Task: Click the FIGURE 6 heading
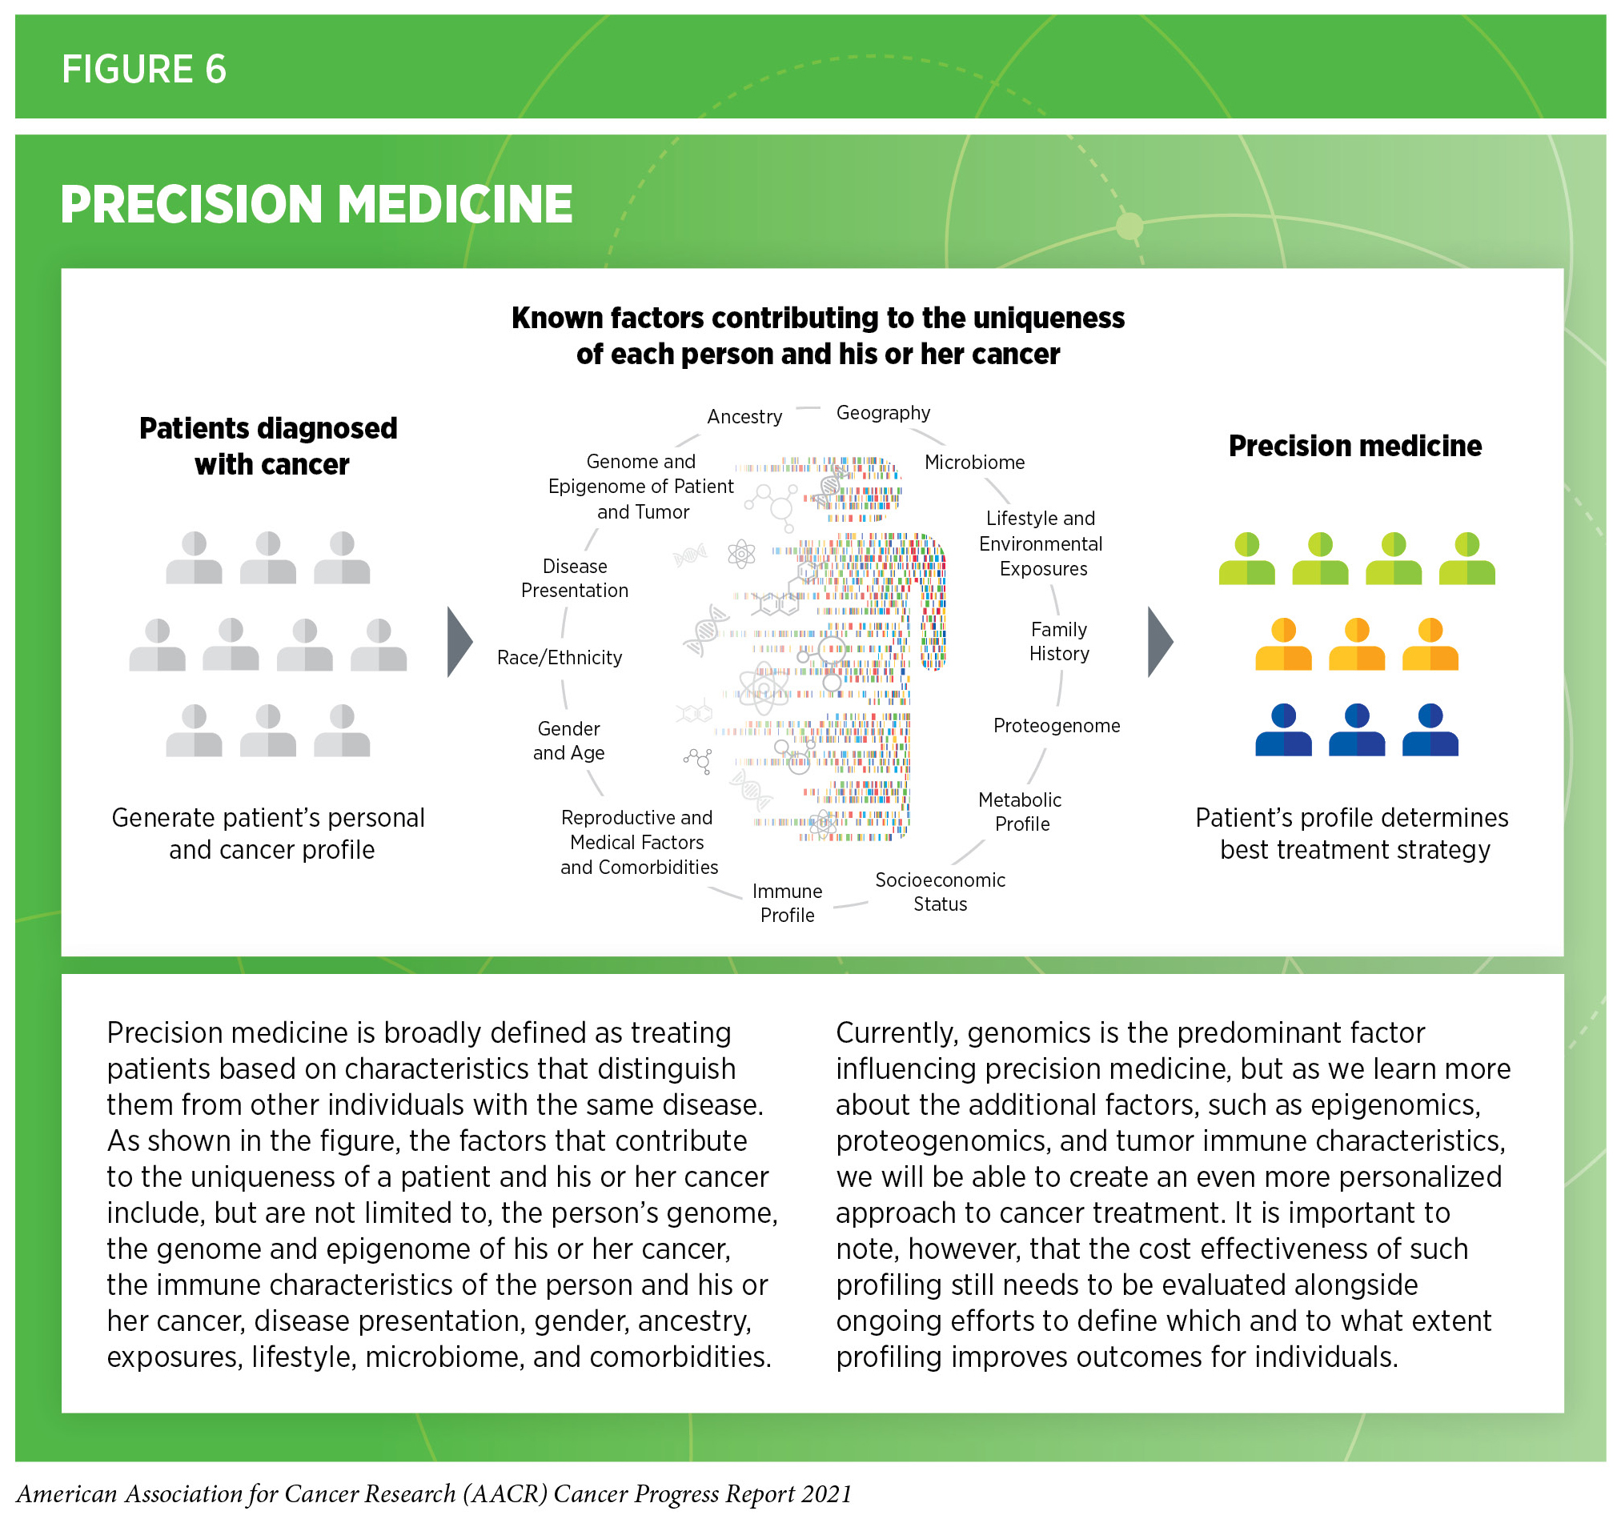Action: pyautogui.click(x=143, y=70)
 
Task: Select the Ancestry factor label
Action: pyautogui.click(x=744, y=417)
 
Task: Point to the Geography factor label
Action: pyautogui.click(x=883, y=413)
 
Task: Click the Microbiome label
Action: pyautogui.click(x=974, y=463)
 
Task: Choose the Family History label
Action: pyautogui.click(x=1059, y=642)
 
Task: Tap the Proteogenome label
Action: pyautogui.click(x=1057, y=726)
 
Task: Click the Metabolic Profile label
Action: pyautogui.click(x=1021, y=812)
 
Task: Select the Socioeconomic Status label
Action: pyautogui.click(x=940, y=892)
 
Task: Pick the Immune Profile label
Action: pyautogui.click(x=787, y=904)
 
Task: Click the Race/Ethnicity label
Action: pyautogui.click(x=560, y=658)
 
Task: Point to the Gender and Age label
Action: pyautogui.click(x=569, y=741)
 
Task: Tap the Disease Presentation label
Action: pyautogui.click(x=575, y=578)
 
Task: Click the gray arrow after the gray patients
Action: pyautogui.click(x=459, y=643)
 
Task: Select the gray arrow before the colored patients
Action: pyautogui.click(x=1159, y=643)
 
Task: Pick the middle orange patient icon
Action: pyautogui.click(x=1357, y=644)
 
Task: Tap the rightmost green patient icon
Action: pyautogui.click(x=1467, y=559)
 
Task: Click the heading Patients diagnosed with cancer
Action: pyautogui.click(x=268, y=446)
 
